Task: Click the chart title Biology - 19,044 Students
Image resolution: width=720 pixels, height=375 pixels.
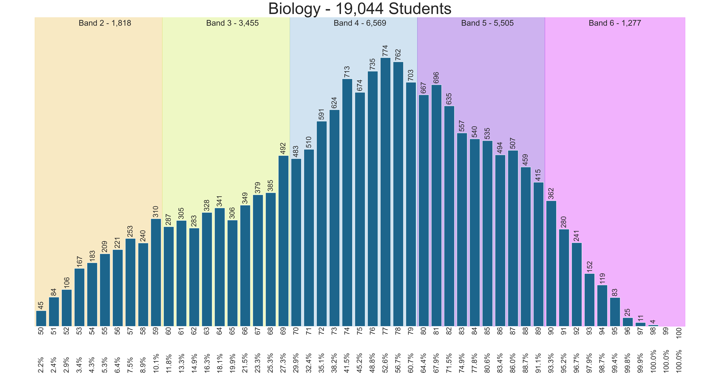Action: tap(360, 9)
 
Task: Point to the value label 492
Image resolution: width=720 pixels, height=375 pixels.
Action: tap(283, 148)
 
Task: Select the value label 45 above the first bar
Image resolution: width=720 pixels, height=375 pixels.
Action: tap(41, 305)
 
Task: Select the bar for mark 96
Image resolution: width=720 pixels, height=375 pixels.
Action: tap(628, 322)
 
